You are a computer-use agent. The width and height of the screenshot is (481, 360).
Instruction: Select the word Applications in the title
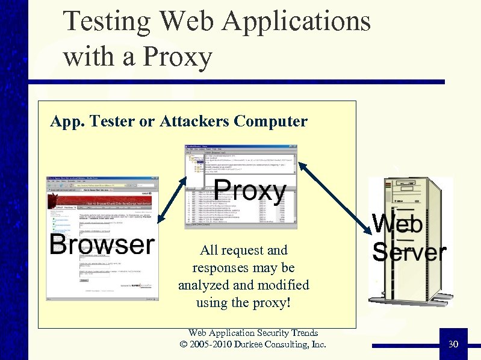tap(296, 21)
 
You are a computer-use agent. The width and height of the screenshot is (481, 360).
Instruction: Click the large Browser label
tap(102, 244)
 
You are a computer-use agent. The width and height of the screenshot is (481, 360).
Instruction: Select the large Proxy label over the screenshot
tap(250, 191)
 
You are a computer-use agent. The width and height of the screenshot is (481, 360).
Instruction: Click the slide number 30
tap(453, 344)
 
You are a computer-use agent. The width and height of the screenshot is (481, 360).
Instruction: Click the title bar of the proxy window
tap(241, 146)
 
